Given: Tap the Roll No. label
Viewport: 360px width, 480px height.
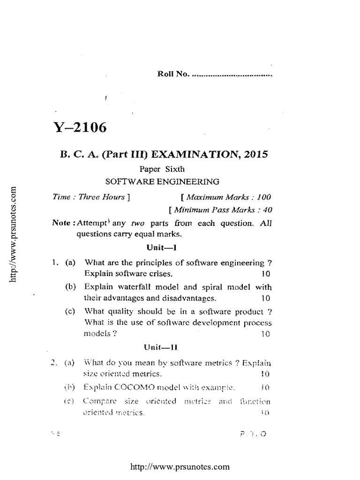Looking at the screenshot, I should pyautogui.click(x=172, y=74).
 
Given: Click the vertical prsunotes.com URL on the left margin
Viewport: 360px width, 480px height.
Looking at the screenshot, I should pyautogui.click(x=14, y=234).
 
